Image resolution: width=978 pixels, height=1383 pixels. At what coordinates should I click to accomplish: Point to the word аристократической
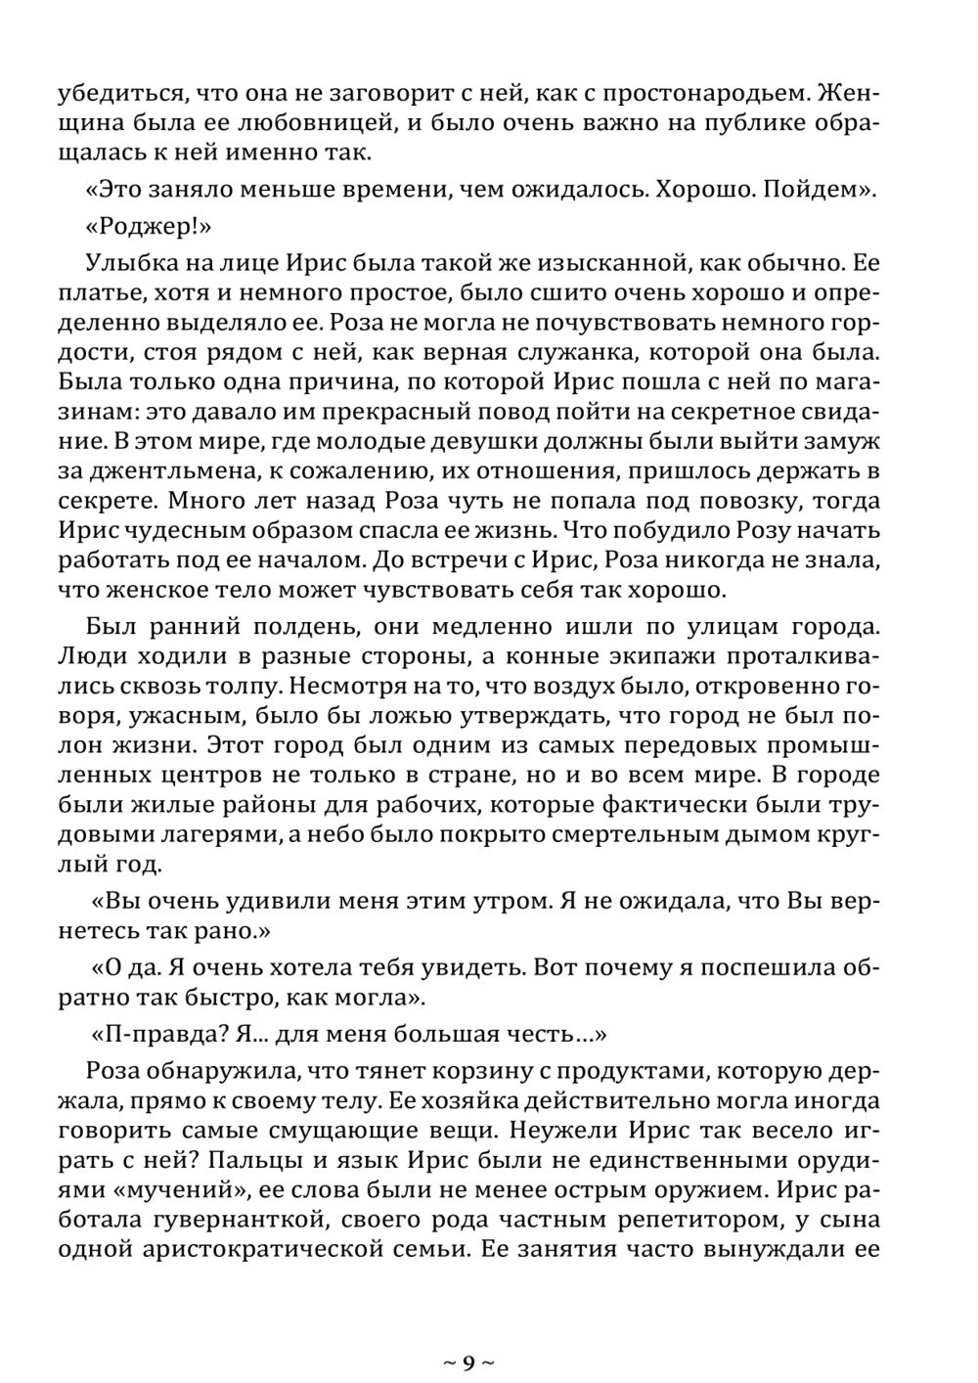pos(289,1250)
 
